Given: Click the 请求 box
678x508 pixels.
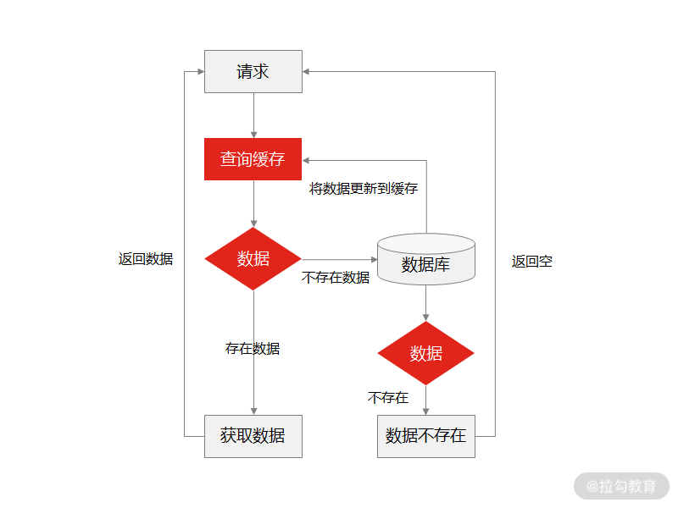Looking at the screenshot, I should coord(253,71).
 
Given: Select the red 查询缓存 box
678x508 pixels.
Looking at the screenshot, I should coord(253,159).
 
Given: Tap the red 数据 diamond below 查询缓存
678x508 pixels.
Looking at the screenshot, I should coord(253,259).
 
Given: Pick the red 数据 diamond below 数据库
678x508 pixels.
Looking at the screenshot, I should coord(425,353).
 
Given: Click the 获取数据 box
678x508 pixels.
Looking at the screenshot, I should coord(253,436).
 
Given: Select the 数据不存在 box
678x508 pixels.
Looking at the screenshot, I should coord(425,436).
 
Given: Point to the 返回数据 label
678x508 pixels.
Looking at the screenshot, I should coord(146,259).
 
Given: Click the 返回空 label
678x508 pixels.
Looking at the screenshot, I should coord(531,262).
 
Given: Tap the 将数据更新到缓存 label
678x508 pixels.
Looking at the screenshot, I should coord(363,188).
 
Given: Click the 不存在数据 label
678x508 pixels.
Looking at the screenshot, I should coord(336,277).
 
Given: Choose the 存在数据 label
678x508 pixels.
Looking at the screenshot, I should coord(253,348).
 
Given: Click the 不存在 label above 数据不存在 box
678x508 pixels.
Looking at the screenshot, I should coord(388,397).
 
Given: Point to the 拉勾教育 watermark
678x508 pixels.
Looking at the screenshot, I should coord(621,486).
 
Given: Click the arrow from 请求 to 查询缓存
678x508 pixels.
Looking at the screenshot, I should coord(253,115).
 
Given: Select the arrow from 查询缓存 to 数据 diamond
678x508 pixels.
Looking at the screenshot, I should coord(253,203).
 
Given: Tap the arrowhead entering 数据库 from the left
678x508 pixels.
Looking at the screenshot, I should coord(373,259).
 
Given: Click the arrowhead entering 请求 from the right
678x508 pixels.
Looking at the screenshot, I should coord(307,72).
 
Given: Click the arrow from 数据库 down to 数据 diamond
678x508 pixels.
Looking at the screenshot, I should coord(425,302).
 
